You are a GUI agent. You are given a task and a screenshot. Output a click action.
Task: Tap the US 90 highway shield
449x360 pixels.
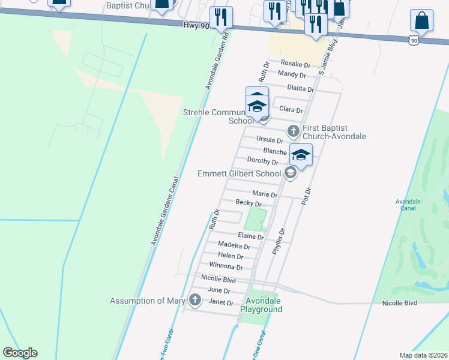point(412,40)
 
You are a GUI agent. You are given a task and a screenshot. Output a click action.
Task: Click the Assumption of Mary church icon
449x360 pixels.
point(194,300)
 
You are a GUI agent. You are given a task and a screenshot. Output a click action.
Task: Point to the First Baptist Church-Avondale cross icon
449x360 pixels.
point(294,130)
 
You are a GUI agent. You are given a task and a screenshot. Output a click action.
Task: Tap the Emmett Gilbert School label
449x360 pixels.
point(239,173)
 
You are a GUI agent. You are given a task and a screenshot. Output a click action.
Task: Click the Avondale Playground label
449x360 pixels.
point(261,305)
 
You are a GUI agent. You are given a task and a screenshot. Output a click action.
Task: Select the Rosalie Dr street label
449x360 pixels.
point(295,64)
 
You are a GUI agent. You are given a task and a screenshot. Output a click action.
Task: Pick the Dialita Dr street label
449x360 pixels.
point(301,88)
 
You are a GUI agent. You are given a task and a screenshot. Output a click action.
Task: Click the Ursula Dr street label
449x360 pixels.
point(270,139)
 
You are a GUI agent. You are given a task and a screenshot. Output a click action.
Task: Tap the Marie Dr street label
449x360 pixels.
point(265,194)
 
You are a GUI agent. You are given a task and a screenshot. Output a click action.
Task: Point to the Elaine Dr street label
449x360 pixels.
point(251,236)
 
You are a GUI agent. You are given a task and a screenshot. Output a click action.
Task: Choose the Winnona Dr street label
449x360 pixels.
point(226,266)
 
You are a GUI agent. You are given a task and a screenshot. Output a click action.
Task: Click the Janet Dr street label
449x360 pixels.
point(220,302)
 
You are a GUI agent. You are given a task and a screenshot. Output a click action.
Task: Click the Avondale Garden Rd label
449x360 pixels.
point(217,62)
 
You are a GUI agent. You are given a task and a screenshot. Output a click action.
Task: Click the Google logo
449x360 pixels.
point(20,353)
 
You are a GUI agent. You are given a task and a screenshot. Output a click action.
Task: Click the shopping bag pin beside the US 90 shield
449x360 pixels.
point(421,20)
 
